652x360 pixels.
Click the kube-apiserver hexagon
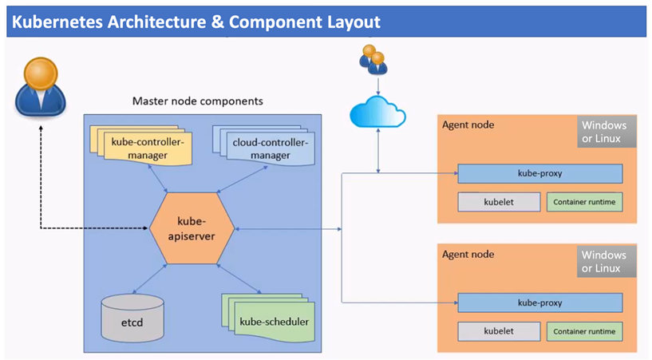click(x=192, y=228)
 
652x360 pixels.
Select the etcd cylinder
click(x=132, y=318)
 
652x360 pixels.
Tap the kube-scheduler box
click(x=269, y=318)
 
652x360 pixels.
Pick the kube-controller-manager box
click(x=141, y=145)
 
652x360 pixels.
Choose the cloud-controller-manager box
click(x=263, y=146)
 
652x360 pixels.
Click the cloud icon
click(x=377, y=112)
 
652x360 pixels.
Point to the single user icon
click(x=41, y=87)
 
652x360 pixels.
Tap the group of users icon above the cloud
click(x=373, y=60)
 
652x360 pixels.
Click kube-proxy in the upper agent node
click(x=539, y=173)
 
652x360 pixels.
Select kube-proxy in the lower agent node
click(x=539, y=303)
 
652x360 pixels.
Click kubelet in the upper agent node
click(x=499, y=202)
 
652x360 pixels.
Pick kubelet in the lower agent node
click(x=499, y=331)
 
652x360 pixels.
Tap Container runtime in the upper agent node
click(x=584, y=202)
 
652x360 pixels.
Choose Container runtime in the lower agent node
click(x=584, y=331)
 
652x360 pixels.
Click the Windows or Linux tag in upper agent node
click(x=607, y=132)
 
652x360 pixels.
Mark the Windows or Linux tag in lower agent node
click(x=607, y=262)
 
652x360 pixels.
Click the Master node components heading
click(x=197, y=101)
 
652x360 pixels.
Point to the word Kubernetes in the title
click(x=57, y=22)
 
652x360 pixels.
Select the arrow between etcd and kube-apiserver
click(x=149, y=279)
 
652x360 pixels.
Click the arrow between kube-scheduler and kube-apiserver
click(x=239, y=279)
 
